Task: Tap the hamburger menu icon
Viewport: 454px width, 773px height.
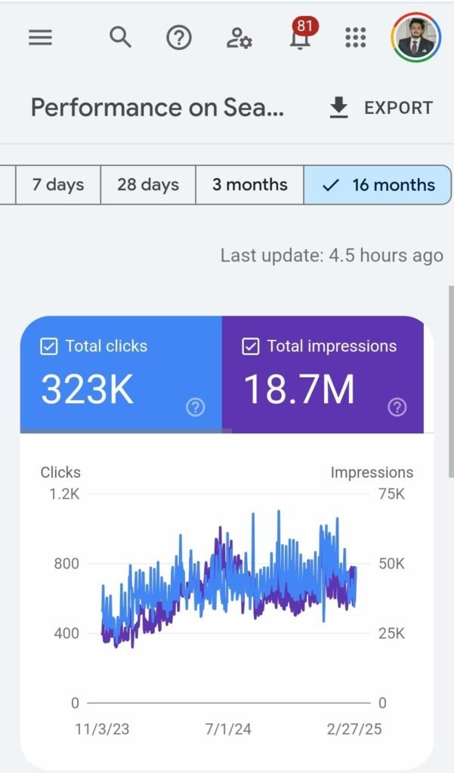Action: click(x=40, y=37)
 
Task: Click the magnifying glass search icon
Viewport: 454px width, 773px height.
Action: click(x=120, y=36)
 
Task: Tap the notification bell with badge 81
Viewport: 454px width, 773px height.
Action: click(x=300, y=37)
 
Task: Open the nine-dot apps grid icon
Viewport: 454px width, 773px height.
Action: click(x=355, y=37)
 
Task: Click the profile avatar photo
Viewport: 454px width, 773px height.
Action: click(x=415, y=37)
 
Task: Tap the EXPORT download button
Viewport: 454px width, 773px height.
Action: click(x=381, y=108)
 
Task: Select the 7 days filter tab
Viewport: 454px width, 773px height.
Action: click(x=58, y=185)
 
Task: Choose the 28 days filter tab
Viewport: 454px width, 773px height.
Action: click(x=148, y=185)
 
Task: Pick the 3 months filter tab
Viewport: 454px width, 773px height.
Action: click(x=250, y=185)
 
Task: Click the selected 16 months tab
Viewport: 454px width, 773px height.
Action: click(x=378, y=185)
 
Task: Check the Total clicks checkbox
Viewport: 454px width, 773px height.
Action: click(x=49, y=346)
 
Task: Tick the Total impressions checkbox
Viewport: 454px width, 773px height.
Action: click(x=251, y=346)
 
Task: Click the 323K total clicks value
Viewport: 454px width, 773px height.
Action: click(x=87, y=390)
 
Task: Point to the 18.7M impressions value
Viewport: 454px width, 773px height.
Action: click(x=299, y=390)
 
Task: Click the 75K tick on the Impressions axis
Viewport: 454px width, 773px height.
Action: click(x=391, y=494)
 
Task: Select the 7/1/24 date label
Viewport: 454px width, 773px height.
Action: click(x=227, y=731)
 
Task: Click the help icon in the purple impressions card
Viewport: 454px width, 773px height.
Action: click(x=397, y=408)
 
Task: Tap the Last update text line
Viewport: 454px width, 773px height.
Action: click(x=332, y=256)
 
